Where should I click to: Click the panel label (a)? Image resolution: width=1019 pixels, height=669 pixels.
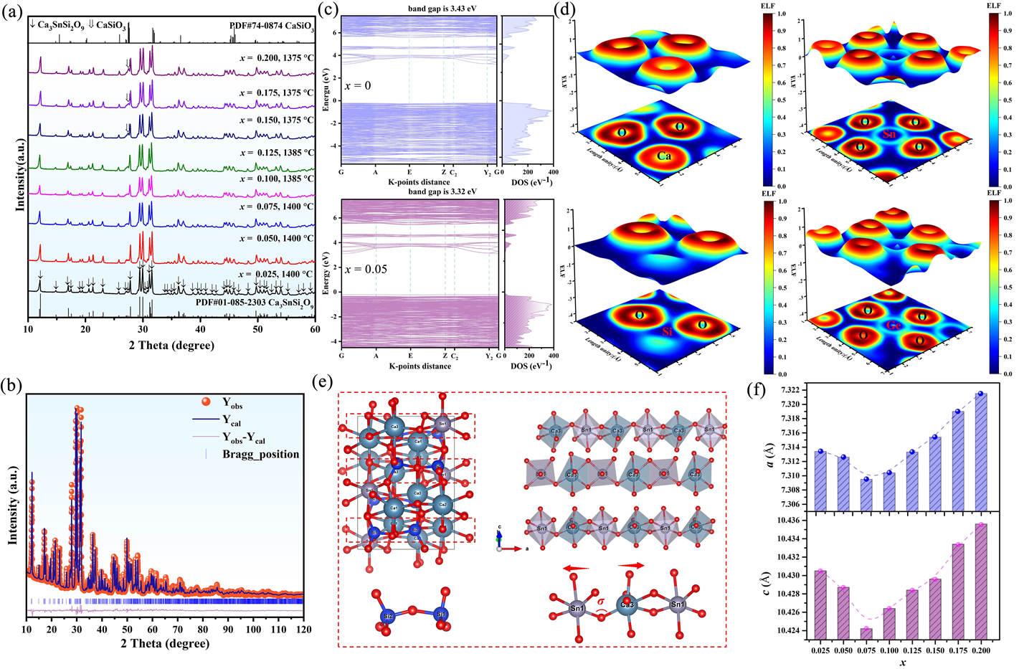[x=12, y=13]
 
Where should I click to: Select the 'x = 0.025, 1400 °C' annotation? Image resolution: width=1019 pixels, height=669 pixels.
[x=276, y=274]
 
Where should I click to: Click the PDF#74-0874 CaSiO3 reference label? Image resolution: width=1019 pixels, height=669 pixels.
[x=272, y=26]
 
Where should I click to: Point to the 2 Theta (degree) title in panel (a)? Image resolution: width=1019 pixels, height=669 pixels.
[x=171, y=346]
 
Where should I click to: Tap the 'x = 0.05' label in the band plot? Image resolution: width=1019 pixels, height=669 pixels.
[x=366, y=270]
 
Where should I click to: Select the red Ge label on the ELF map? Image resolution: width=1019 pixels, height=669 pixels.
[x=894, y=325]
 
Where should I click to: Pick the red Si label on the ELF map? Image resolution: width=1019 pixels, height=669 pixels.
[x=667, y=332]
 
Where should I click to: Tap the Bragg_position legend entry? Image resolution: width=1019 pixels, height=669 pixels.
[x=260, y=454]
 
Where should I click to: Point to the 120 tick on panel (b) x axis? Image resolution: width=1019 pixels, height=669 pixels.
[x=303, y=629]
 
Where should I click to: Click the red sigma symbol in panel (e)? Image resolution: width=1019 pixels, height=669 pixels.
[x=601, y=602]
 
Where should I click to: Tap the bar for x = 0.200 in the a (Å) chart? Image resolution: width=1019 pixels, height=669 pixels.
[x=981, y=452]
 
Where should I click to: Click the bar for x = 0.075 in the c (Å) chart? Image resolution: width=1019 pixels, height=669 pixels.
[x=866, y=633]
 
